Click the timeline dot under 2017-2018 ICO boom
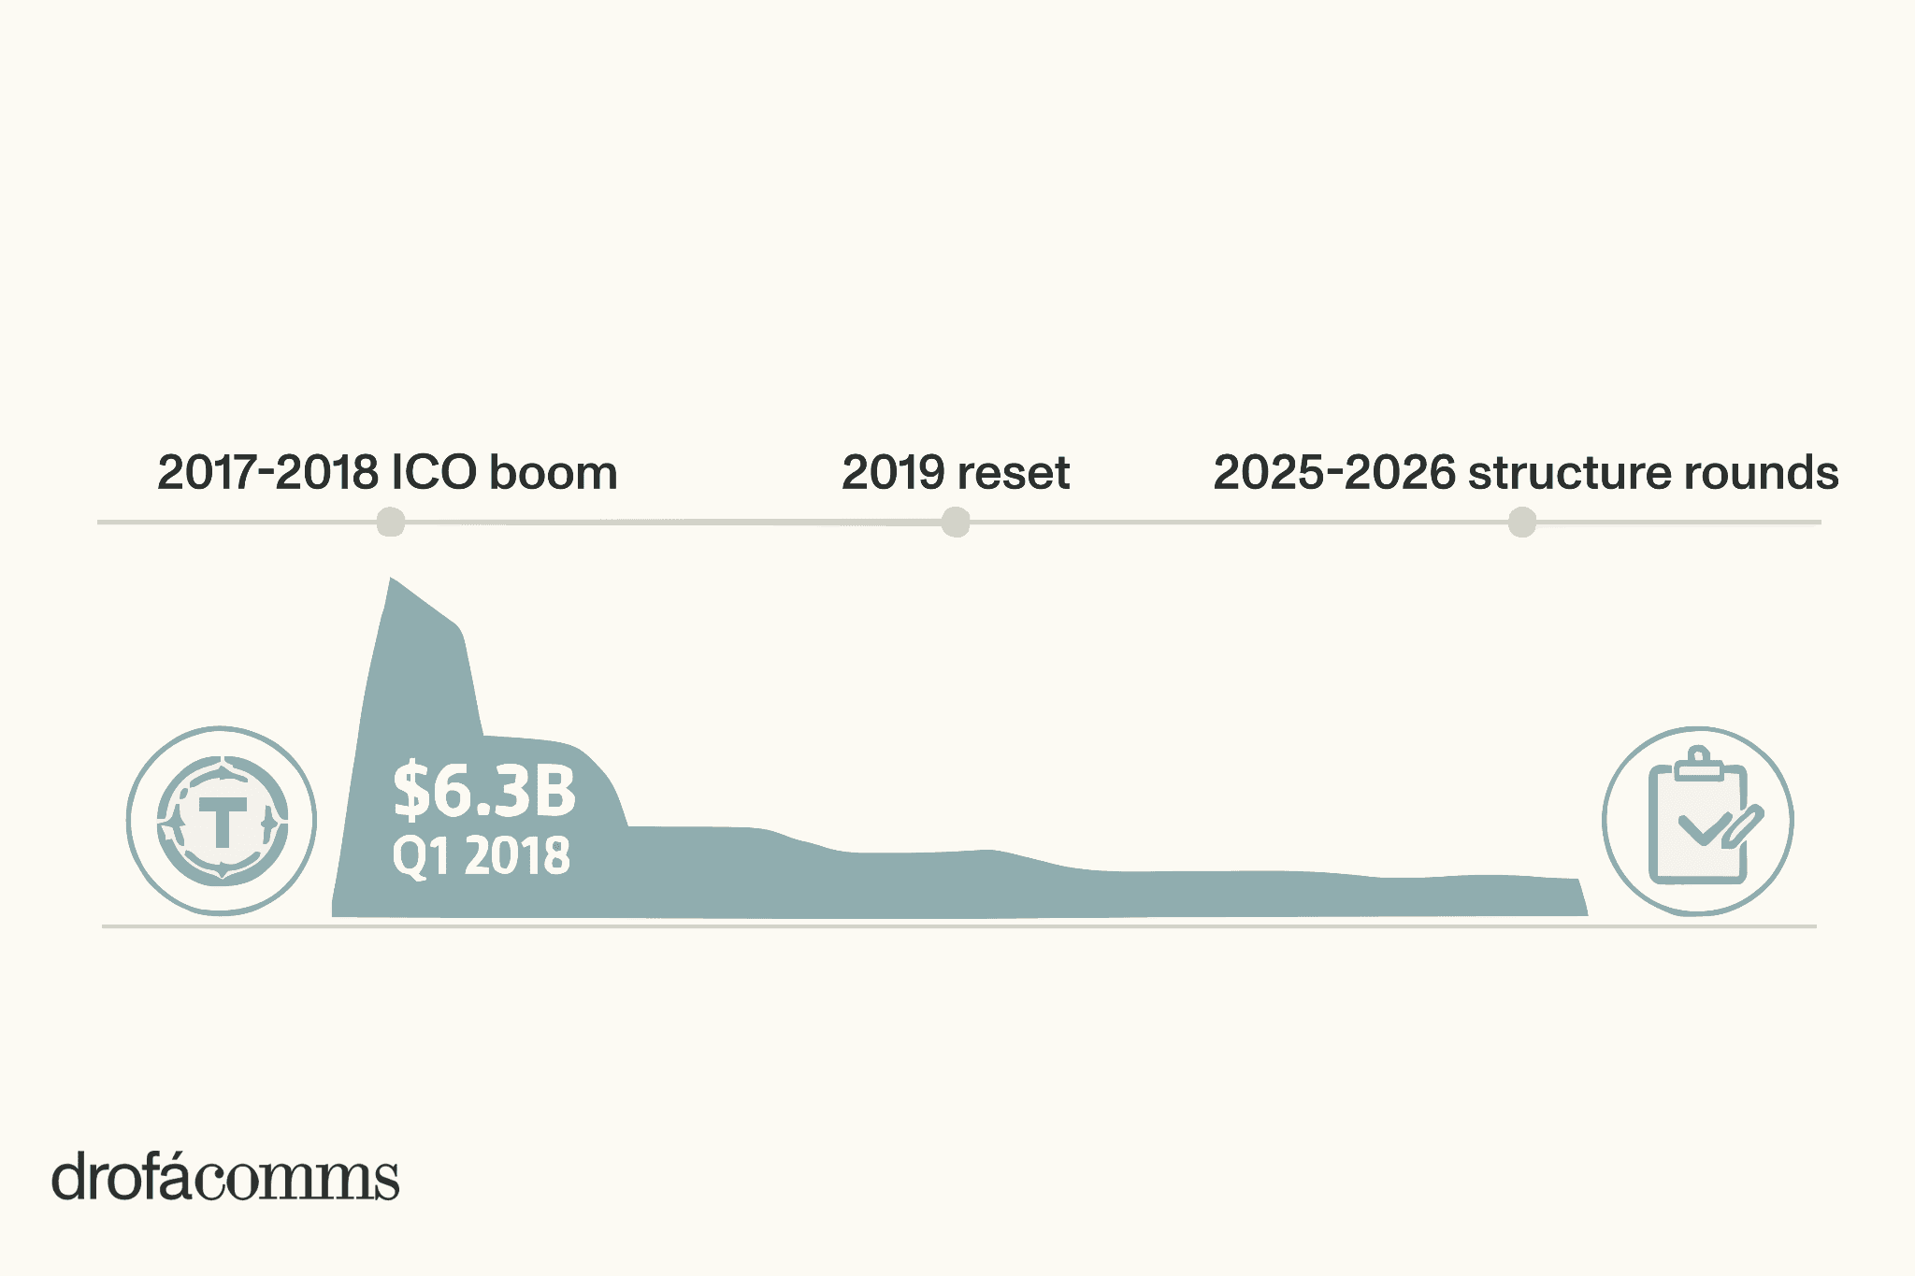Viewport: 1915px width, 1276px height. coord(390,522)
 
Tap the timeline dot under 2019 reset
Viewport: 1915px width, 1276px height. coord(955,522)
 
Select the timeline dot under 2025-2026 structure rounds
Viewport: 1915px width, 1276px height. coord(1522,522)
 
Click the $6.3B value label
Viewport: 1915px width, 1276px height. coord(484,791)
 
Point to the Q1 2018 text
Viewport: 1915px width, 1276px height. coord(481,855)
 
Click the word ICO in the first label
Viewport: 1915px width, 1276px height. coord(434,472)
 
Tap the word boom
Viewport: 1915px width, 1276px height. coord(554,472)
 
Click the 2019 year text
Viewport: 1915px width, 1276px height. coord(893,472)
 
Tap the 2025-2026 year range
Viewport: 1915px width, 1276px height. coord(1334,472)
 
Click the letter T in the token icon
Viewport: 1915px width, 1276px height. coord(223,822)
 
